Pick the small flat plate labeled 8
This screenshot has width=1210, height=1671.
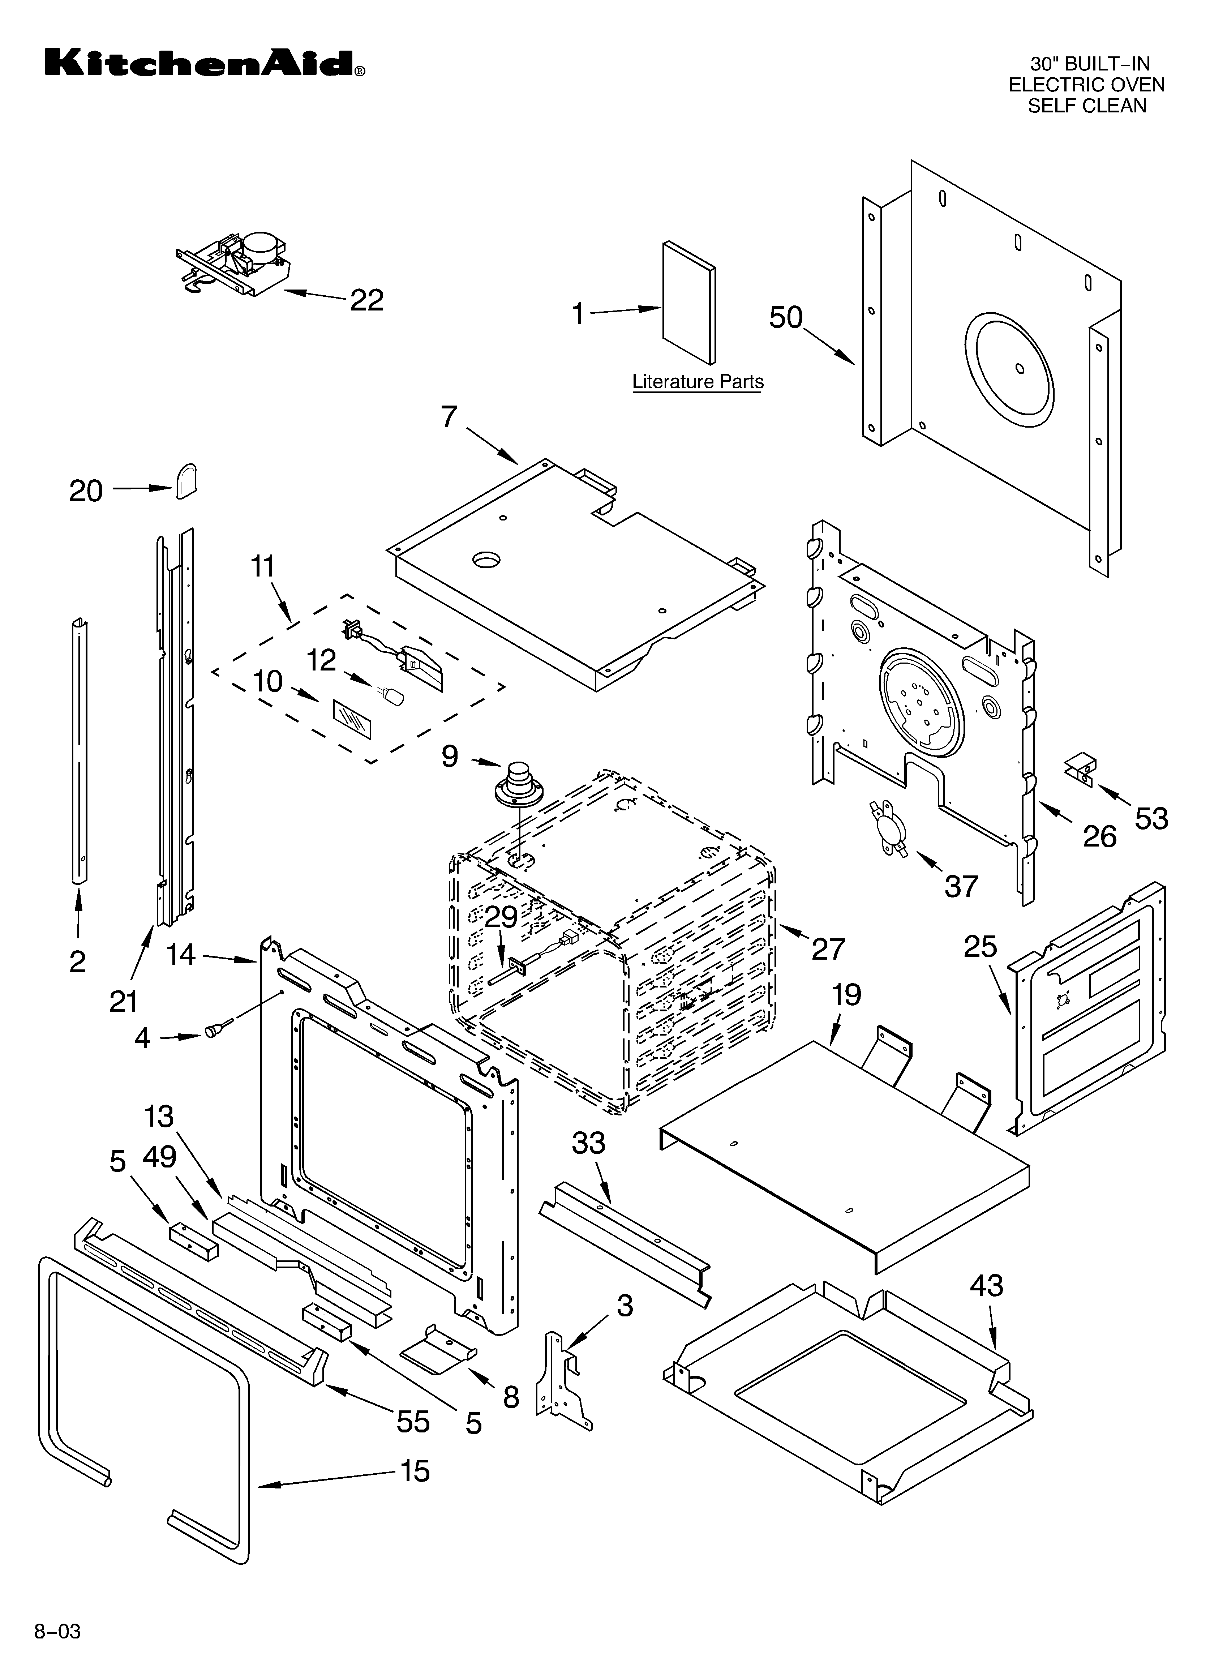(x=437, y=1350)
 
